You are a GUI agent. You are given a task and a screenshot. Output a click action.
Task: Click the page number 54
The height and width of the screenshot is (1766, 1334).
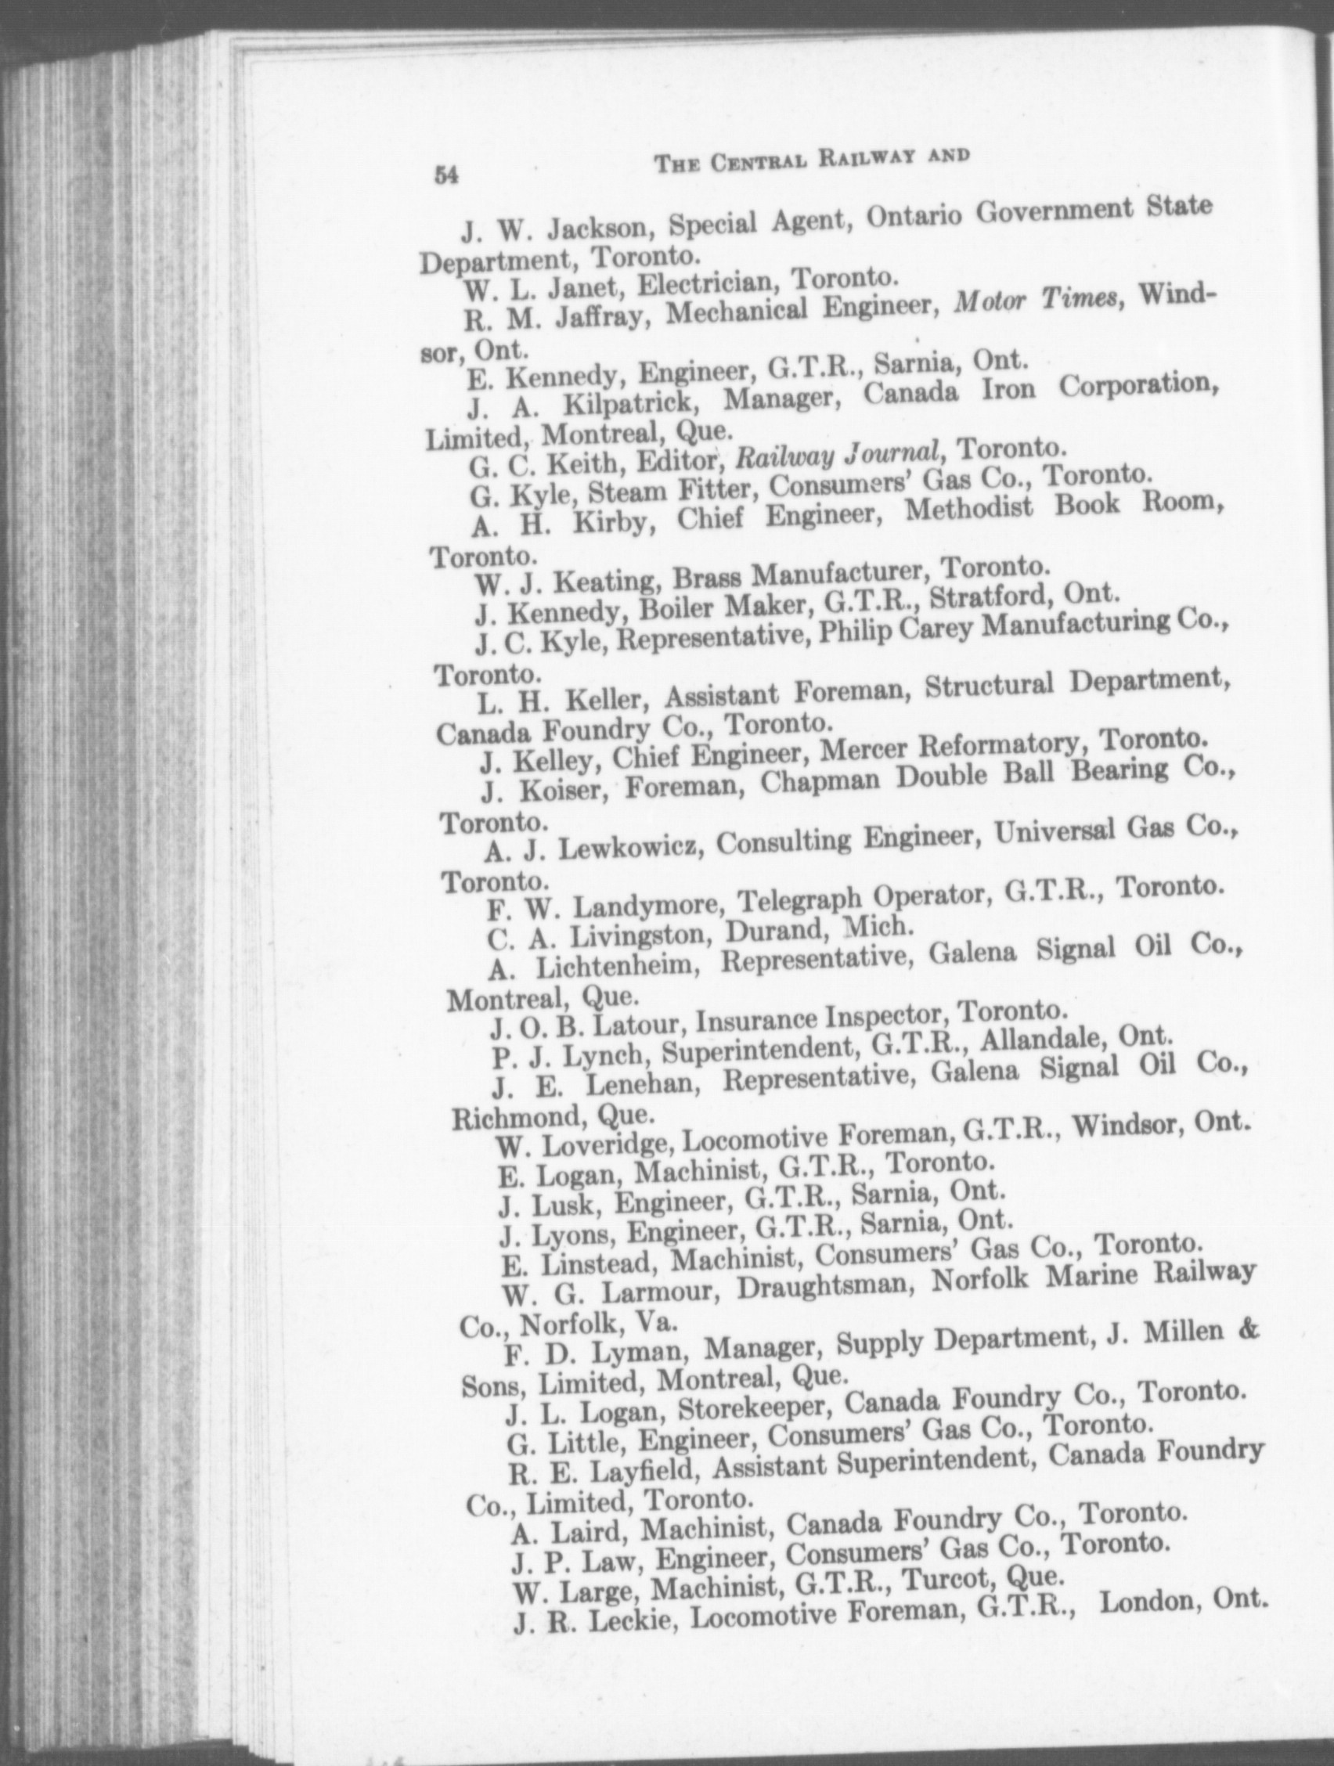[x=445, y=175]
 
